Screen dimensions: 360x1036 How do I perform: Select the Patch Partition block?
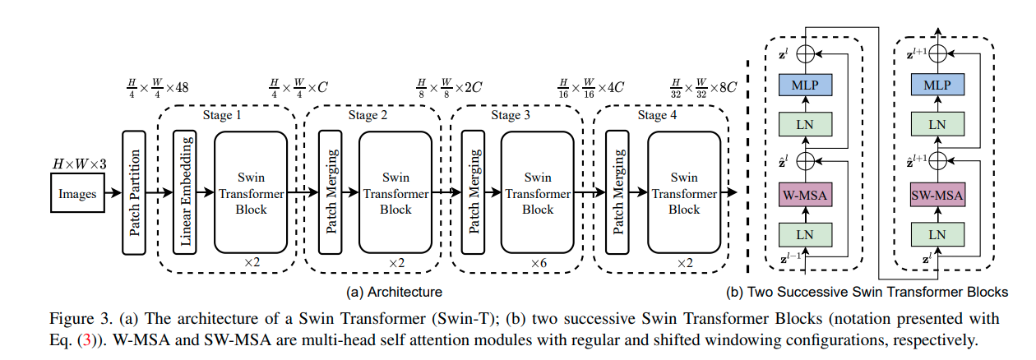(135, 192)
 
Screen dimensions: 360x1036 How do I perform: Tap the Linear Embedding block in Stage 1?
(185, 192)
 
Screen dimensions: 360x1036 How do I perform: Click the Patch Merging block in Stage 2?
(331, 192)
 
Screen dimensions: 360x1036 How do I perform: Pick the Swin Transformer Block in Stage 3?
(538, 192)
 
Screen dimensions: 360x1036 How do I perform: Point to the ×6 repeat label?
(539, 262)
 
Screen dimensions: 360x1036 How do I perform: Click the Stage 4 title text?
(658, 115)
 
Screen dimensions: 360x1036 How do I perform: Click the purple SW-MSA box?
(937, 196)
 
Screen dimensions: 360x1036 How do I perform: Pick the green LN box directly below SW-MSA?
(937, 234)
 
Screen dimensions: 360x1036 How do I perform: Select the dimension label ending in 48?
(156, 85)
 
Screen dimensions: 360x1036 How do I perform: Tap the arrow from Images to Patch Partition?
(113, 194)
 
